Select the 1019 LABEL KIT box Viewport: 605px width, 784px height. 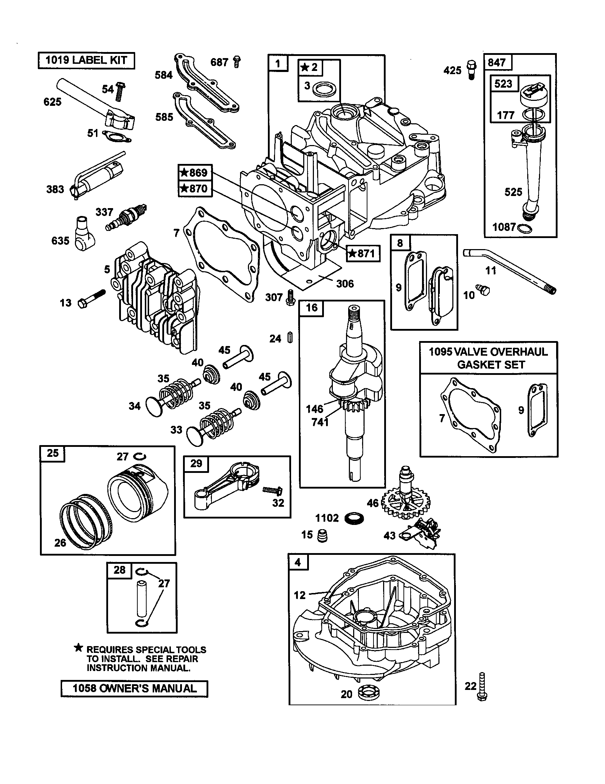pos(86,60)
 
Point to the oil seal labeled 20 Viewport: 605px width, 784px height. pos(368,693)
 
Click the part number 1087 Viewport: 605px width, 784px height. pos(504,227)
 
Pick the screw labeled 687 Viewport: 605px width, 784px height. pos(237,62)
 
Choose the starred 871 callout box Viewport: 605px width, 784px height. pos(363,253)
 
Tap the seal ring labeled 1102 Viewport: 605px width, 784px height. pos(354,518)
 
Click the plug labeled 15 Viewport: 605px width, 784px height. pos(322,536)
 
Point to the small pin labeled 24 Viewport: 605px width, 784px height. pos(290,338)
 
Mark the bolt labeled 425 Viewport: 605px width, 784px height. pos(471,69)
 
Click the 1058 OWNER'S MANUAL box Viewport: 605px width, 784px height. pos(134,688)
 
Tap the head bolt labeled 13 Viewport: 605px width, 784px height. pos(92,299)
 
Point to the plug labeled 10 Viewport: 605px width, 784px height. pos(481,290)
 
